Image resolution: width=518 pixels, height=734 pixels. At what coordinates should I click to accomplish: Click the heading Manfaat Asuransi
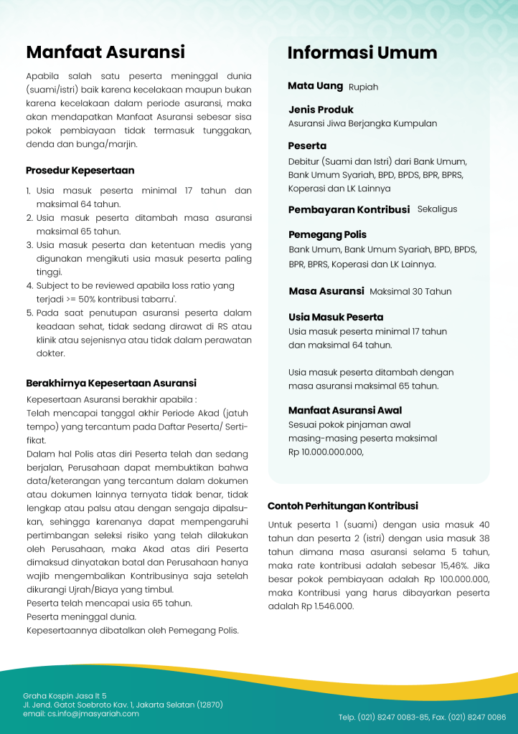pos(105,52)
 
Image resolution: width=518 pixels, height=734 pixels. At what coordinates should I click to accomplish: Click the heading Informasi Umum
pos(362,53)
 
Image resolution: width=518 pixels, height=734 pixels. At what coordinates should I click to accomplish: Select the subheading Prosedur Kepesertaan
pos(80,171)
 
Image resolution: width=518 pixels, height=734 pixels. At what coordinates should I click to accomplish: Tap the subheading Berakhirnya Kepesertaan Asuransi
pos(111,383)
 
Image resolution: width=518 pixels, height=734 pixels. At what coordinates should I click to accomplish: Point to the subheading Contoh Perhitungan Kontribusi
pos(342,506)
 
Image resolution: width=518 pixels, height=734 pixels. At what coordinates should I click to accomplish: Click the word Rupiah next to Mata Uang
pos(363,87)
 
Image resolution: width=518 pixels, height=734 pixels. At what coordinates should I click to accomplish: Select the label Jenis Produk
pos(321,110)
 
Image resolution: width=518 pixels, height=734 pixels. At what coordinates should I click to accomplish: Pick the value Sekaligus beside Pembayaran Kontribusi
pos(437,209)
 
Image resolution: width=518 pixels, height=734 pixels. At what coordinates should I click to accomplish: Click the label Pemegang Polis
pos(327,235)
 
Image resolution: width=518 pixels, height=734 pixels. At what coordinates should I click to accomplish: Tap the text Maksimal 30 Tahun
pos(410,292)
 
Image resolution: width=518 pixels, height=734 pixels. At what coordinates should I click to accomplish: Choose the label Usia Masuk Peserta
pos(336,317)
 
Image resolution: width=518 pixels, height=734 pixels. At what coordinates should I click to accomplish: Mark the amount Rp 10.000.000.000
pos(325,452)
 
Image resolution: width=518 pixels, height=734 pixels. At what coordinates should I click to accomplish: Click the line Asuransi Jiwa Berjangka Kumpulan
pos(362,123)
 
